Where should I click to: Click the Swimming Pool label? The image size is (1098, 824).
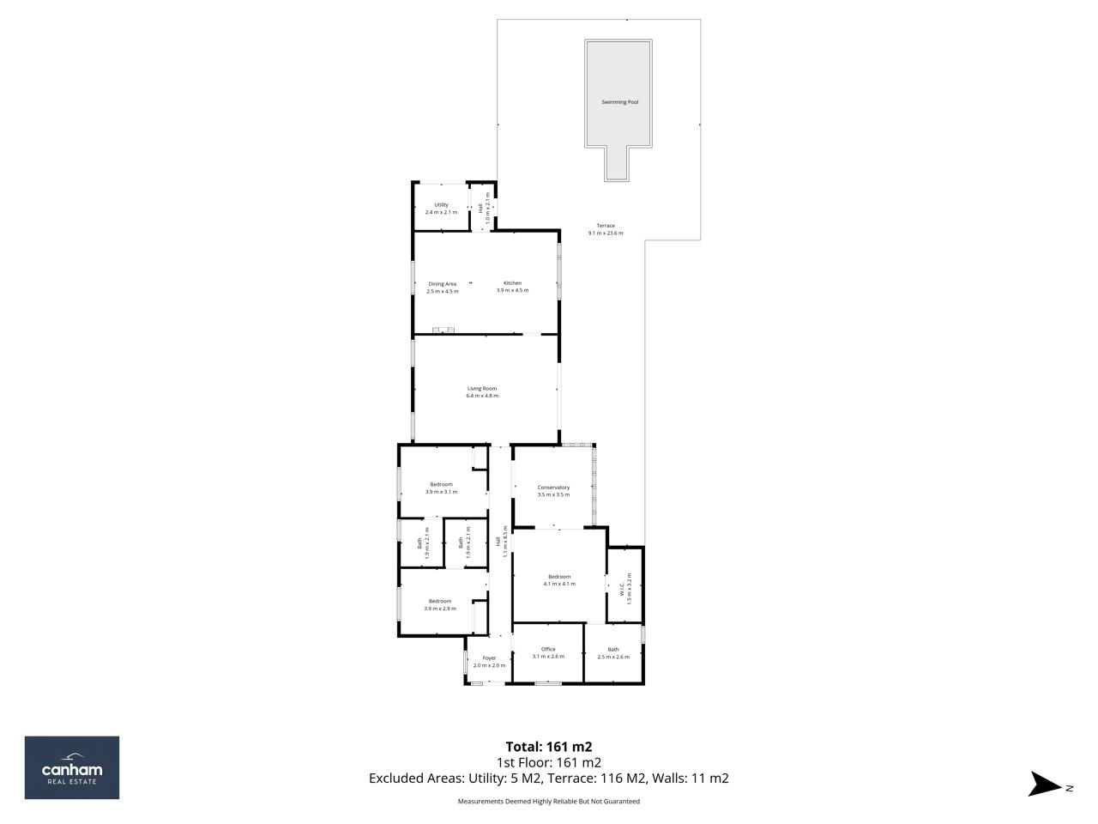tap(619, 102)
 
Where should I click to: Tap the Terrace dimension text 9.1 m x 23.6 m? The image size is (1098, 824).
tap(606, 233)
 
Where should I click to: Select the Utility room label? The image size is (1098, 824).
tap(441, 205)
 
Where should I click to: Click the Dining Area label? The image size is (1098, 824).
tap(442, 284)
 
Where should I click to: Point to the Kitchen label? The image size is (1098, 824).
tap(512, 283)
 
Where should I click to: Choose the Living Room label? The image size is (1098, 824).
tap(481, 389)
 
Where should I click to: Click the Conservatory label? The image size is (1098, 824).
tap(553, 488)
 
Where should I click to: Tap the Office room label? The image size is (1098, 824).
tap(548, 649)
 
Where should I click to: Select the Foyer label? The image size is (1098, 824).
tap(489, 658)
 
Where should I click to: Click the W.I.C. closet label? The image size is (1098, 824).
tap(621, 590)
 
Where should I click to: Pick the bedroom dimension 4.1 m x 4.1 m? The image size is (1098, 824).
tap(559, 584)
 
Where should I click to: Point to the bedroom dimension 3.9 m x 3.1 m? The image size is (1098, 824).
tap(441, 492)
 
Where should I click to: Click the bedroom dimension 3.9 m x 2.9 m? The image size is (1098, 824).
tap(440, 609)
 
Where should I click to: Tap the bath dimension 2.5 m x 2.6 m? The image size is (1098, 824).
tap(613, 657)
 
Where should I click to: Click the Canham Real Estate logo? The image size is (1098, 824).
tap(71, 767)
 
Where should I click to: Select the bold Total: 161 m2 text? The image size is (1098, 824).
tap(549, 747)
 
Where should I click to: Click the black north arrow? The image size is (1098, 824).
tap(1044, 784)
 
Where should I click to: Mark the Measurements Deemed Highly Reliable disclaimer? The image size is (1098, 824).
tap(549, 802)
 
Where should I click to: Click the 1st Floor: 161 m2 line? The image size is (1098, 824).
tap(549, 762)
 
